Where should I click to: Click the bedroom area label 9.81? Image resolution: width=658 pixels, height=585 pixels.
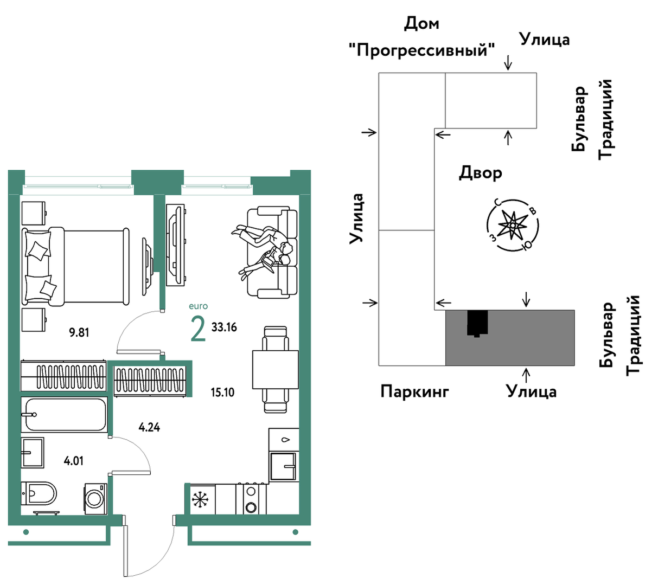(x=79, y=332)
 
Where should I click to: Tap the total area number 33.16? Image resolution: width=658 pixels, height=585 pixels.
(x=224, y=327)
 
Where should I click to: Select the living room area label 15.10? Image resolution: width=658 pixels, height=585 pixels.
(x=222, y=392)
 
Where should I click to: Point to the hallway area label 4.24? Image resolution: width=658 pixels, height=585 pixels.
(x=149, y=427)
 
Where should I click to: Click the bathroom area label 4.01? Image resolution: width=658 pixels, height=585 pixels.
(x=74, y=461)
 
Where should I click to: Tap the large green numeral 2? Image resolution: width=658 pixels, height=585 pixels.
(x=198, y=329)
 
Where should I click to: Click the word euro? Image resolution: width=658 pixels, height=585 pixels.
(x=198, y=306)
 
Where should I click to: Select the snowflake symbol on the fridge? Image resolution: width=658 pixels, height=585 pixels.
(x=200, y=499)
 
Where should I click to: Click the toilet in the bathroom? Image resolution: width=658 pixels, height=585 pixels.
(x=39, y=493)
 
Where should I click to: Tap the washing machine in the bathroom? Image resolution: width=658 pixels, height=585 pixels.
(x=95, y=498)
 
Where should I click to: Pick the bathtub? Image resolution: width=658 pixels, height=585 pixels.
(x=64, y=415)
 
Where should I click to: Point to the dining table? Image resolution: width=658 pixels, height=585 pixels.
(x=275, y=369)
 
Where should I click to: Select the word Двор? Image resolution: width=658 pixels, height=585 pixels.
(x=480, y=172)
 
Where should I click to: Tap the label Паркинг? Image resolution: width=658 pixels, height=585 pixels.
(x=415, y=391)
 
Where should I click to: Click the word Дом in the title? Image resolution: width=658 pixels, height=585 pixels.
(x=421, y=23)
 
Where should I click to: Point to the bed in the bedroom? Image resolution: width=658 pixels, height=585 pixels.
(x=75, y=266)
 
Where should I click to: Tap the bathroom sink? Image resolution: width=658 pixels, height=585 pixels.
(x=33, y=453)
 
